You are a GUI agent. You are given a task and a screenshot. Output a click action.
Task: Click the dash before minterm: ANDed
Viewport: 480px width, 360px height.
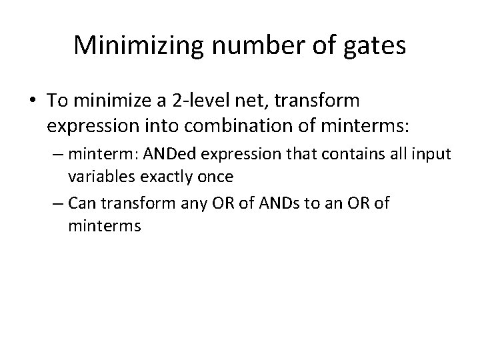pos(59,155)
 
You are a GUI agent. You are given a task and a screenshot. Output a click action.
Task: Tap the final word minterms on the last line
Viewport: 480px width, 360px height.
pos(104,225)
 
